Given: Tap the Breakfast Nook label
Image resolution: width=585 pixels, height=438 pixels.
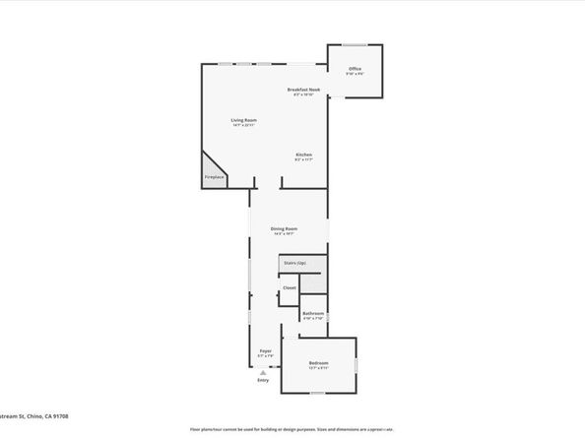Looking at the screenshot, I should tap(303, 90).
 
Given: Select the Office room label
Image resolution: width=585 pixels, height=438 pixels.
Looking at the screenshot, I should tap(355, 69).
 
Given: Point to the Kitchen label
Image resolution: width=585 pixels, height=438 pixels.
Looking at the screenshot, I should tap(304, 156).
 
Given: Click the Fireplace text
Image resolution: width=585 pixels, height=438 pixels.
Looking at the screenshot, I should tap(214, 177).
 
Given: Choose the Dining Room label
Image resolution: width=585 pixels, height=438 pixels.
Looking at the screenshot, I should tap(285, 228).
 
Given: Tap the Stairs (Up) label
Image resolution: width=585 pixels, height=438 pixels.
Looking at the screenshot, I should tap(294, 263).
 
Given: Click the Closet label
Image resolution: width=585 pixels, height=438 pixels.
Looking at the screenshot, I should tap(290, 287).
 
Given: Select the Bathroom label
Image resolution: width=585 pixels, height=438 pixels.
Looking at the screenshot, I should tap(313, 314).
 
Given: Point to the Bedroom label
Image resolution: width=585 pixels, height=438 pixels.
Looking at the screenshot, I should tap(317, 362).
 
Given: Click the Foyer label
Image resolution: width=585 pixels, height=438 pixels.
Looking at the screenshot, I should tap(265, 350).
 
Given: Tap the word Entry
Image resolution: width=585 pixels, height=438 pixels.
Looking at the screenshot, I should tap(263, 381).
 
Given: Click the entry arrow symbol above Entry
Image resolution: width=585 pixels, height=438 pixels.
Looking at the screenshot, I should tap(263, 373).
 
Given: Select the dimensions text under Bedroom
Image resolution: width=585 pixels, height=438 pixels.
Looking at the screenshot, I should tap(317, 368).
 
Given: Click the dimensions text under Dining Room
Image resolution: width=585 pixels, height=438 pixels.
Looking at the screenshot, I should tap(285, 234).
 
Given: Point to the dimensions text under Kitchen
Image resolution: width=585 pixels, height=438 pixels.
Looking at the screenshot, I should tap(304, 160).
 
